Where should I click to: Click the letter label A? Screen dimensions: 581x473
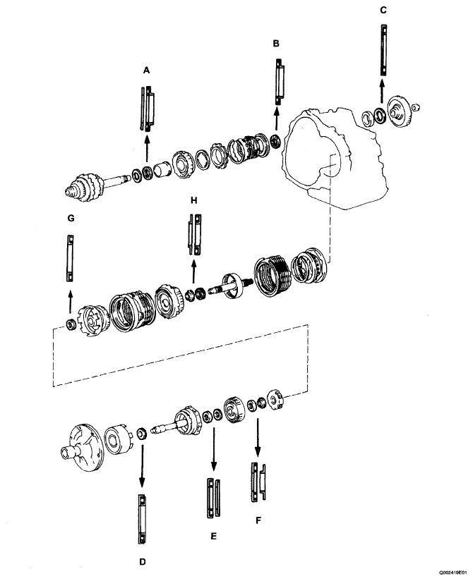point(146,71)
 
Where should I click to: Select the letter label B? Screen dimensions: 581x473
point(276,44)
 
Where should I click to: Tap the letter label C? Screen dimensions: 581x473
point(383,11)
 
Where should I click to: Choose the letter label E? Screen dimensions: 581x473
point(213,537)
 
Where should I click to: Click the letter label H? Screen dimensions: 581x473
point(193,199)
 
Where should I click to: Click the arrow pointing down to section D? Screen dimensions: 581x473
point(142,465)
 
